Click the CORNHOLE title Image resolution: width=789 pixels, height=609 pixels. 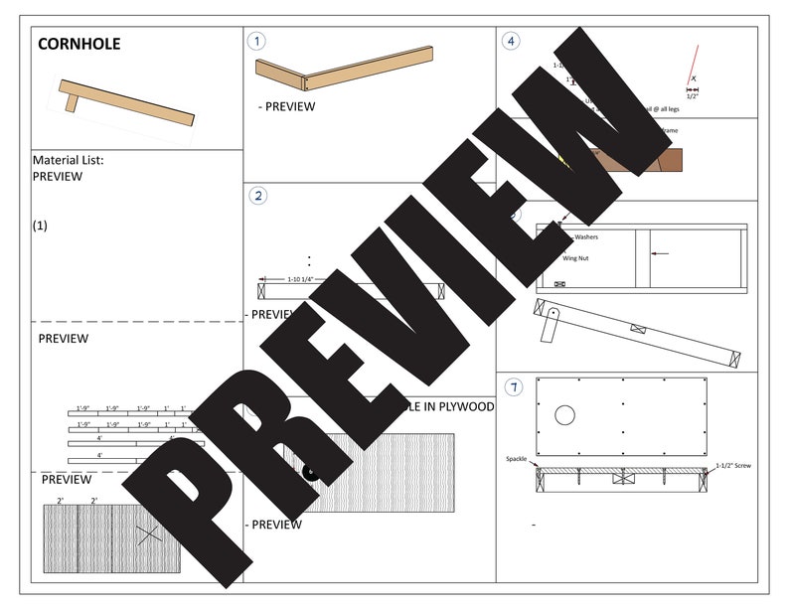[79, 45]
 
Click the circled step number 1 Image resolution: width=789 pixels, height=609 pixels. [257, 41]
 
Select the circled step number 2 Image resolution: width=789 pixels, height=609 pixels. [257, 195]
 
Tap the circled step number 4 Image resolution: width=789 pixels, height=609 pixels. [511, 41]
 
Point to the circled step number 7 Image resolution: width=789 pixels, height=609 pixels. [511, 385]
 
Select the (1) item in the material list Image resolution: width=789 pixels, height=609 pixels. [40, 226]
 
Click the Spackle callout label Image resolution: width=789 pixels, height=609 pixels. [517, 459]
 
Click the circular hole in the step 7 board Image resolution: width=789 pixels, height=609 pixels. [566, 414]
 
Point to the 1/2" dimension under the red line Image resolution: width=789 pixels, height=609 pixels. [693, 96]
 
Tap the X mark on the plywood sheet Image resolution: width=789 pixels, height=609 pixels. [149, 534]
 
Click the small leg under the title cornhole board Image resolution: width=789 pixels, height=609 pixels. [73, 100]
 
